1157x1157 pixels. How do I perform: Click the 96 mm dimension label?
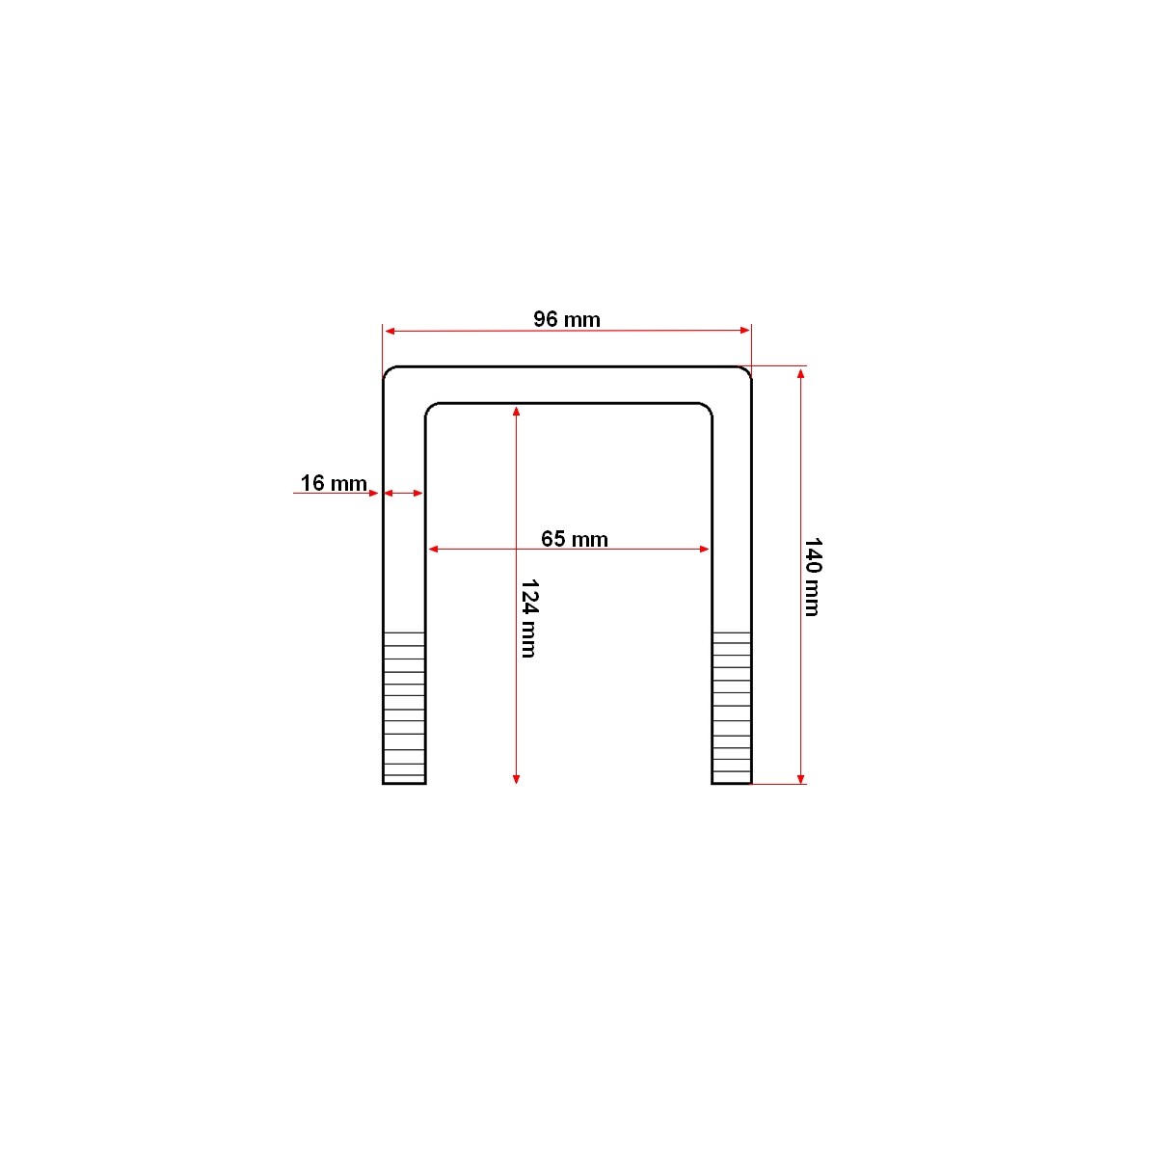click(x=567, y=319)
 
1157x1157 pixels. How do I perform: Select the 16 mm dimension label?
click(x=334, y=483)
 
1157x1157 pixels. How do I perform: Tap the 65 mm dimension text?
click(x=575, y=539)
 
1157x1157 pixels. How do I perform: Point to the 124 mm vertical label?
click(x=528, y=618)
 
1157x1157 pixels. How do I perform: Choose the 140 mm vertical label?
click(x=812, y=577)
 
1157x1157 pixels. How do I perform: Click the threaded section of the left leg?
click(x=404, y=707)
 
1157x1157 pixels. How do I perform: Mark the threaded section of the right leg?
click(x=732, y=707)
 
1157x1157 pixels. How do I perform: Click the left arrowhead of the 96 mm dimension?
click(x=390, y=332)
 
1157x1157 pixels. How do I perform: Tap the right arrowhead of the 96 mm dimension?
click(x=744, y=331)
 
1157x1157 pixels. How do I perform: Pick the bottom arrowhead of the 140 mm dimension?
click(x=800, y=777)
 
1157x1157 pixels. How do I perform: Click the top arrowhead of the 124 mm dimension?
click(x=517, y=412)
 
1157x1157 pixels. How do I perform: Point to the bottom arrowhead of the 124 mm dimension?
click(x=517, y=777)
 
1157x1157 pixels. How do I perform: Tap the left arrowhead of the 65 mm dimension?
click(x=434, y=549)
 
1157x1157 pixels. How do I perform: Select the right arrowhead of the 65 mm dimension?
click(x=704, y=549)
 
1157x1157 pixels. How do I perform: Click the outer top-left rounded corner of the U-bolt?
click(x=390, y=373)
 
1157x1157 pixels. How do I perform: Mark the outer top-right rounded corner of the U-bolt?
click(x=745, y=373)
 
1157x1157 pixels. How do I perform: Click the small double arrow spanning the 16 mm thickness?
click(x=404, y=494)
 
